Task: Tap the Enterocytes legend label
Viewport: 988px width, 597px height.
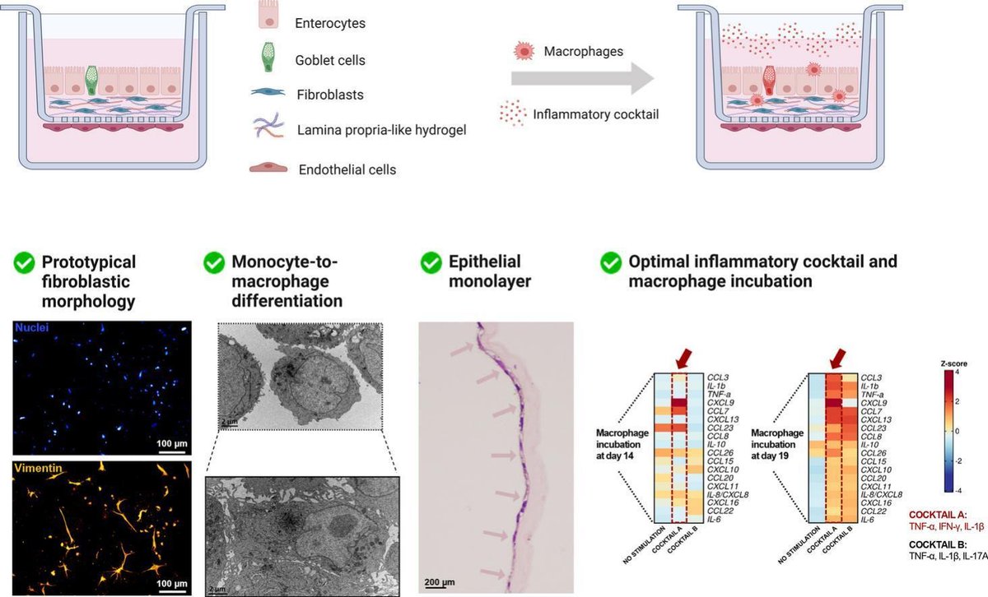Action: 329,23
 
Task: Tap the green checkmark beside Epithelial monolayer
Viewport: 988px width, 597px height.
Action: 431,263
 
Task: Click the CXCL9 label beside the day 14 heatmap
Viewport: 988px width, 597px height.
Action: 719,405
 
